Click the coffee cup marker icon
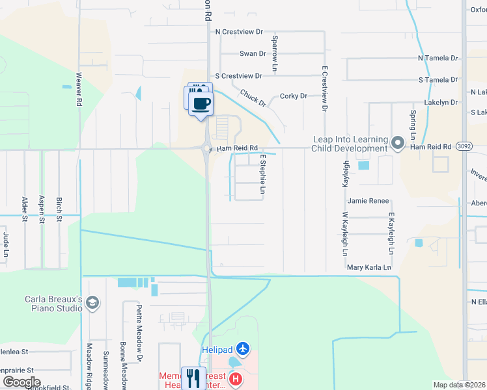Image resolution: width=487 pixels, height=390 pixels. point(201,103)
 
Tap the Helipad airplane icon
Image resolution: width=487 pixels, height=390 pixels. point(243,350)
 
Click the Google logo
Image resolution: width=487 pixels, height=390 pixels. point(21,382)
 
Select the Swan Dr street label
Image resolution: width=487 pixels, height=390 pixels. point(253,54)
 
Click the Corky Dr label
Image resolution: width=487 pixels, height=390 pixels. point(293,96)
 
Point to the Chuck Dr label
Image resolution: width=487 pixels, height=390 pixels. point(253,98)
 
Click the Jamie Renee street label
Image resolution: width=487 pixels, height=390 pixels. point(368,201)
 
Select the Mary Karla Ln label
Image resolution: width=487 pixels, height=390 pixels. point(369,267)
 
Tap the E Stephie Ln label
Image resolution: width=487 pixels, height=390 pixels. point(263,174)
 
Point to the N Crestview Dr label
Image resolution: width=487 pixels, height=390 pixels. point(239,31)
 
